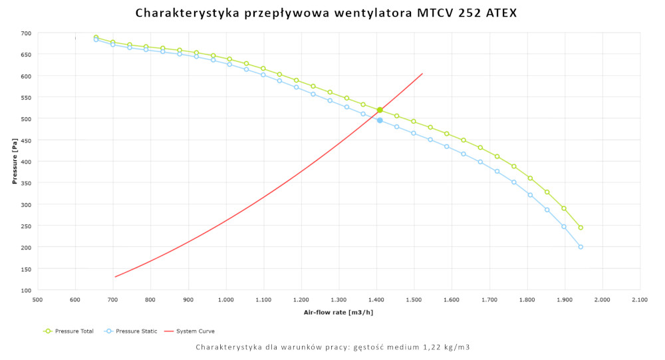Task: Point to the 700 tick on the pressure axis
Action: (25, 33)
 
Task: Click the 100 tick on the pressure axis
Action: (25, 290)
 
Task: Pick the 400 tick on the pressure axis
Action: (25, 162)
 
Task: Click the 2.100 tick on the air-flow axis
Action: (640, 300)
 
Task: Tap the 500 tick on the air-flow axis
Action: (37, 300)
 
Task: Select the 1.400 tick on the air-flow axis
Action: (376, 300)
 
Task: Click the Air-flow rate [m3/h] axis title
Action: (338, 312)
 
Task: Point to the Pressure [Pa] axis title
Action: (15, 162)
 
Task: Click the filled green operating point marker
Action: (380, 110)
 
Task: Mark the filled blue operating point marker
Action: (380, 120)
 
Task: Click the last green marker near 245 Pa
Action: (581, 228)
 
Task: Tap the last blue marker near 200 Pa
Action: (581, 247)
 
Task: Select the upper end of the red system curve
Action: (422, 73)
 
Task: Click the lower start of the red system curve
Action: (114, 277)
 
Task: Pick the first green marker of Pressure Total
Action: (96, 37)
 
